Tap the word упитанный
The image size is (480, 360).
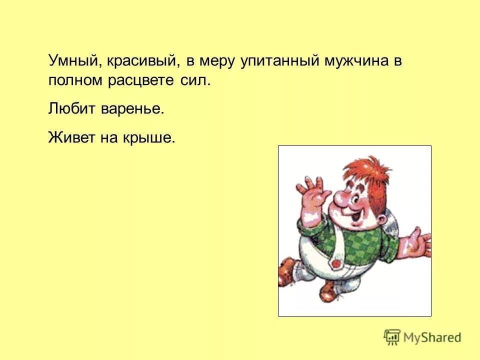click(274, 62)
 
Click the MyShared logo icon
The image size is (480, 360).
click(392, 337)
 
